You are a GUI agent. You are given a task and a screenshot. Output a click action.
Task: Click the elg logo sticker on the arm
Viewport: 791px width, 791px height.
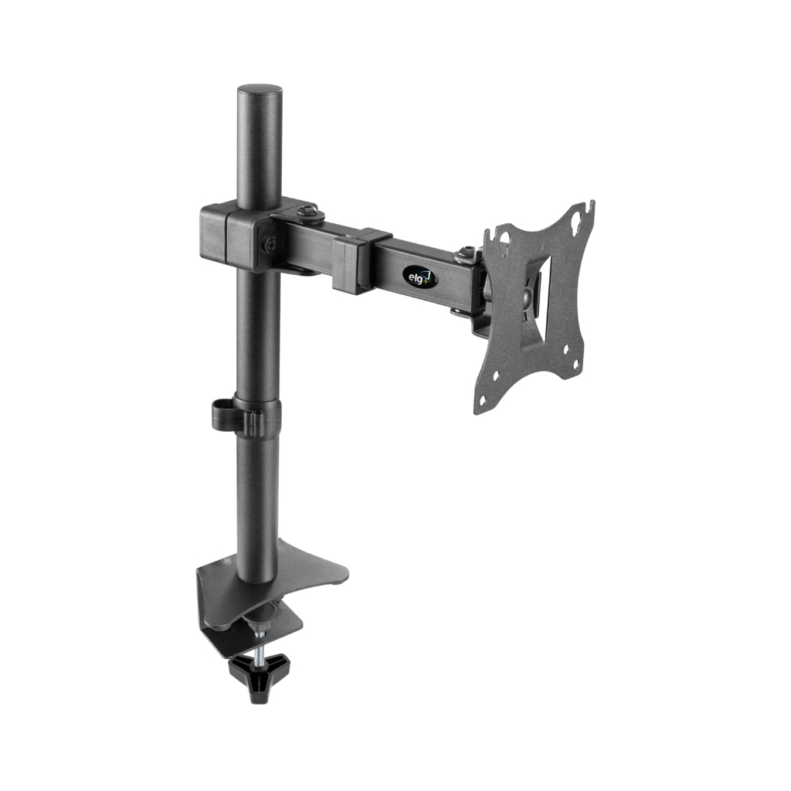click(419, 277)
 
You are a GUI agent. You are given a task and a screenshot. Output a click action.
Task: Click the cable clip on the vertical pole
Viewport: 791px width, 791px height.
click(245, 416)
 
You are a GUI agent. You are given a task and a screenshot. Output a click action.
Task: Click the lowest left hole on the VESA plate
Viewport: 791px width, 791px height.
click(482, 400)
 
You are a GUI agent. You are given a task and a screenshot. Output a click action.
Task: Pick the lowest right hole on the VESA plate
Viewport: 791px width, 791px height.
click(575, 363)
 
